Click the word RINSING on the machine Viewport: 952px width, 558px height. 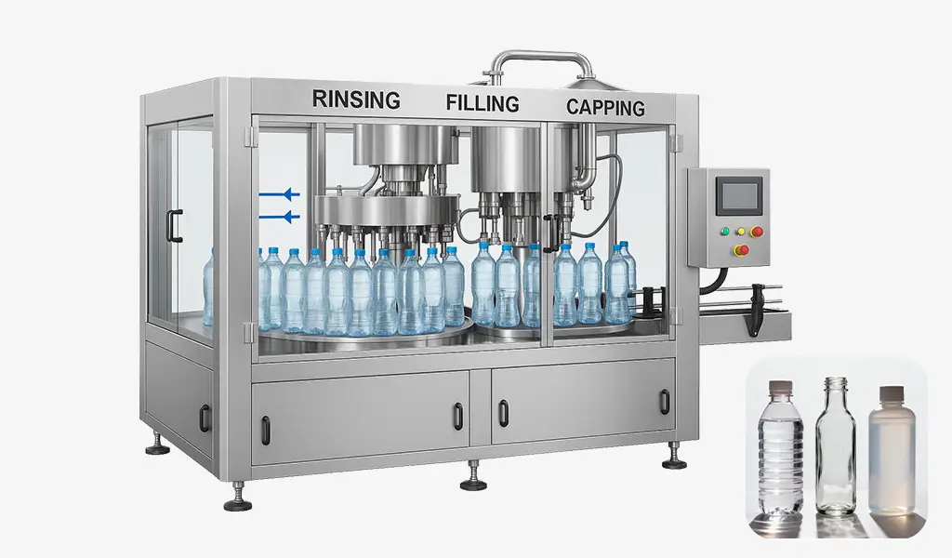coord(356,99)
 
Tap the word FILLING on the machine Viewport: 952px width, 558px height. coord(482,102)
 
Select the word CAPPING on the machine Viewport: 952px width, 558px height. coord(605,107)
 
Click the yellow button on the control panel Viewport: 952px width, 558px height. coord(740,232)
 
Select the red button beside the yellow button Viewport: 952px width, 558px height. coord(757,232)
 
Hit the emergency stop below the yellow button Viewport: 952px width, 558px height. coord(741,249)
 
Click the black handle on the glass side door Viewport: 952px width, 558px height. coord(174,225)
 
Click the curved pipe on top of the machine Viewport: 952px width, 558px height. coord(539,61)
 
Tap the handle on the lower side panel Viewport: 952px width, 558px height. coord(205,418)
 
